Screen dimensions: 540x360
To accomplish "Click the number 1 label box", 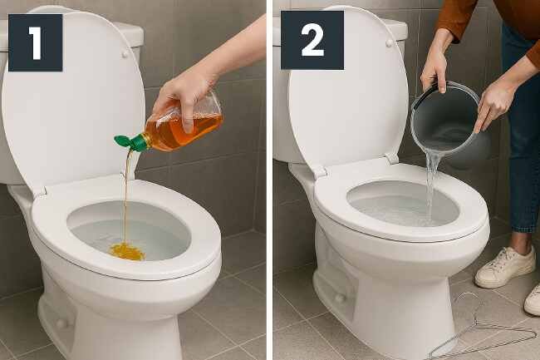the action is tap(36, 42).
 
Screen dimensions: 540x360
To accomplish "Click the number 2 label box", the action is tap(312, 40).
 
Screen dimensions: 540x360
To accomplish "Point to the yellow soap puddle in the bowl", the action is tap(126, 251).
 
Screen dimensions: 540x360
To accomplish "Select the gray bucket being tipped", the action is tap(448, 121).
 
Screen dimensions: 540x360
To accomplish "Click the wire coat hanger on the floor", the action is tap(482, 328).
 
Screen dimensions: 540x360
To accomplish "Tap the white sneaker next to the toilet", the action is tap(505, 268).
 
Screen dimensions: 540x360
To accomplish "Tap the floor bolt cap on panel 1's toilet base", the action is tap(62, 323).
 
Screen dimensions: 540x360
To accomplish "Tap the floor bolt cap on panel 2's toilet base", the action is tap(340, 298).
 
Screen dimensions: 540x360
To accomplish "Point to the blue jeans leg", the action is tap(520, 138).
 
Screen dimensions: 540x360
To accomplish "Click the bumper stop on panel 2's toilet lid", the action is tap(390, 43).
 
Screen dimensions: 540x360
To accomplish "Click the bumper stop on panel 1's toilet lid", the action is tap(125, 54).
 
